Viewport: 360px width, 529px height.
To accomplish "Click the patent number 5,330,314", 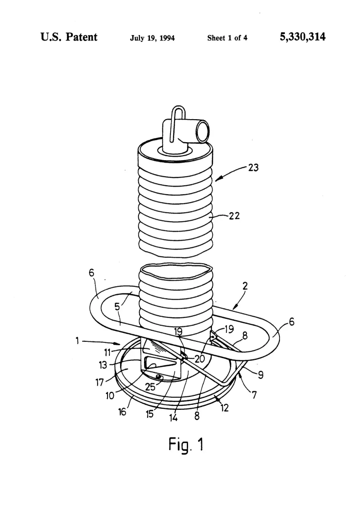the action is tap(303, 37).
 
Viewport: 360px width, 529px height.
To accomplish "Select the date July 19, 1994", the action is tap(153, 38).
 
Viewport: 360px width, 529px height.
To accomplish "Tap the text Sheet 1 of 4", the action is tap(227, 38).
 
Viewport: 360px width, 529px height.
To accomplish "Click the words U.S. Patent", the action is tap(69, 37).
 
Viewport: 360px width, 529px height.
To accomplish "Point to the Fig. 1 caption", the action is tap(186, 445).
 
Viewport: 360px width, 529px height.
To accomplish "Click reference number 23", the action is tap(253, 167).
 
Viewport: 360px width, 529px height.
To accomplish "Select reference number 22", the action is tap(234, 216).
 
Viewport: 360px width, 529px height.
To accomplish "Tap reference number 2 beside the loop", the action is tap(245, 286).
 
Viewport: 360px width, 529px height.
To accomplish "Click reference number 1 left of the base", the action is tap(77, 341).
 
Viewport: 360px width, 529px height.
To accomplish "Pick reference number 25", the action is tap(150, 386).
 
